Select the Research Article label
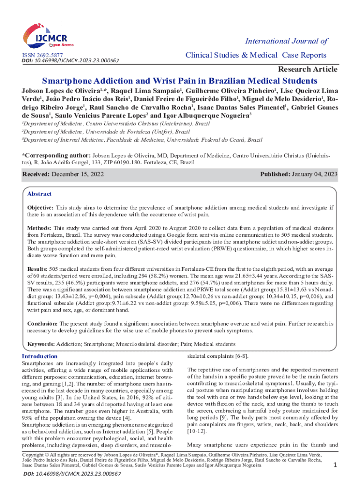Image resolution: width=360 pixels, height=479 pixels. coord(307,69)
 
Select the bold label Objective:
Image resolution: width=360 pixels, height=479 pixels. coord(41,207)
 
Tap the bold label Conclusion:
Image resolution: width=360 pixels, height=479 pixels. coord(42,323)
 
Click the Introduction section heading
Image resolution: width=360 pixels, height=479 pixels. coord(40,356)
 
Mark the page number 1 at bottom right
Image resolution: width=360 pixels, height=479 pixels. coord(335,464)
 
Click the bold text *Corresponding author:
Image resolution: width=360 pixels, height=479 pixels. coord(57,154)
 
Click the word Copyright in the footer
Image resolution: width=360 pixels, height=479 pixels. coord(35,455)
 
